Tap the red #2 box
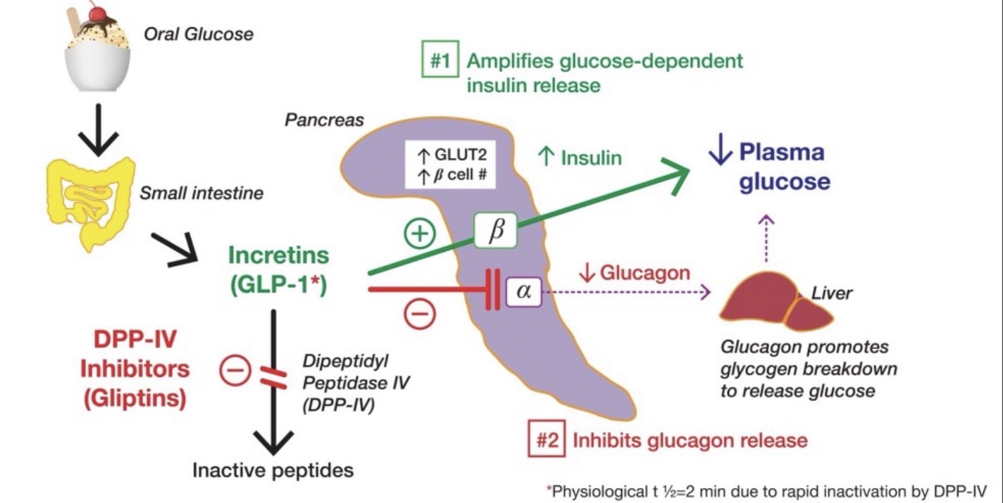(x=547, y=440)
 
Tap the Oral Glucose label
(x=199, y=33)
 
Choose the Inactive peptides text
(x=273, y=469)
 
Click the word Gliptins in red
(x=135, y=399)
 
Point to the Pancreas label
(x=324, y=120)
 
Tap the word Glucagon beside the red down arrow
(x=644, y=272)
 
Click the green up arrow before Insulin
(x=547, y=157)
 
